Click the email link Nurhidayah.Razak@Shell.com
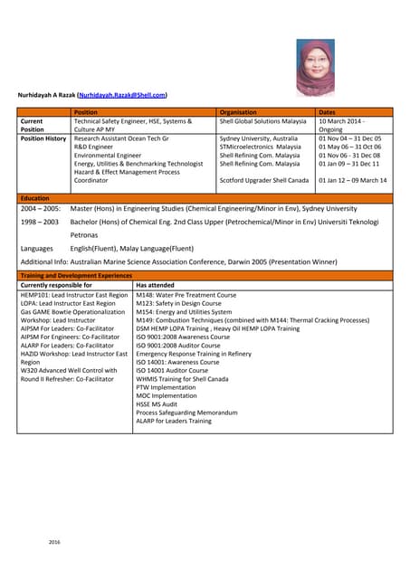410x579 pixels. (121, 94)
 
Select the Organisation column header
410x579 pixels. (239, 112)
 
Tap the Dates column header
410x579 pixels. (328, 112)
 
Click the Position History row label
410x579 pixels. (43, 138)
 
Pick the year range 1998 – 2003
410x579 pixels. (39, 221)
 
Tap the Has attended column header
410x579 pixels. (157, 285)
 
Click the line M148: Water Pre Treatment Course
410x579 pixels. (186, 295)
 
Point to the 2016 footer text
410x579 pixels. (56, 541)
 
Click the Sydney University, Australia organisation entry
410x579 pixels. (259, 138)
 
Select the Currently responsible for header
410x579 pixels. (56, 285)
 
